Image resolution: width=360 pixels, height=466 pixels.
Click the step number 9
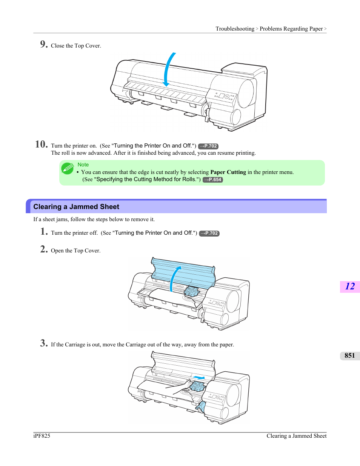point(44,44)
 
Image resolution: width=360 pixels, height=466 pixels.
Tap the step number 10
point(41,144)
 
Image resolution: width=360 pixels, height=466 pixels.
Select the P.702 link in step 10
point(208,146)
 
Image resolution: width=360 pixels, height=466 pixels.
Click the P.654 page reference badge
point(213,180)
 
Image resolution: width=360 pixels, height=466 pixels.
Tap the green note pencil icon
point(68,168)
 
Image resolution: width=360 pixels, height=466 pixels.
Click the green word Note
point(83,165)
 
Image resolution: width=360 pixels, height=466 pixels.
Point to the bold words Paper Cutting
point(228,172)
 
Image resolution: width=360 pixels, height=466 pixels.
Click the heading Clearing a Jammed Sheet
point(76,207)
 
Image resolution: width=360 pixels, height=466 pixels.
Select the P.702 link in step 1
point(209,233)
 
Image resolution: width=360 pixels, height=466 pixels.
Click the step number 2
point(44,249)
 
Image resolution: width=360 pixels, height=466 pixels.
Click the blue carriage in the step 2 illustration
point(192,291)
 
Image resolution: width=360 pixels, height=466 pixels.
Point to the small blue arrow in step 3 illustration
point(198,377)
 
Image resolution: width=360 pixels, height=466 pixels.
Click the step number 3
point(44,343)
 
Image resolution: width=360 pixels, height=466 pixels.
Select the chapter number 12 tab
point(350,286)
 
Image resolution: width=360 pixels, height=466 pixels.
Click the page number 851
point(349,355)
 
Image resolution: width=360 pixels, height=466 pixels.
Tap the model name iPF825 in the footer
point(42,436)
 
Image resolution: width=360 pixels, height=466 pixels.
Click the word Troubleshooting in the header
point(235,29)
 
